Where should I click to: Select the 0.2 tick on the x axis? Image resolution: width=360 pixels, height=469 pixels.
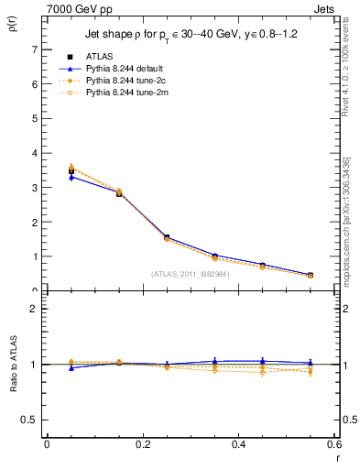tap(142, 444)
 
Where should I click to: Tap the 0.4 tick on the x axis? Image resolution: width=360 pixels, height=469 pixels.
tap(238, 444)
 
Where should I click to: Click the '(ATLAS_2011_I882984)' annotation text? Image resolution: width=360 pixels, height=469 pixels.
tap(191, 274)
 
